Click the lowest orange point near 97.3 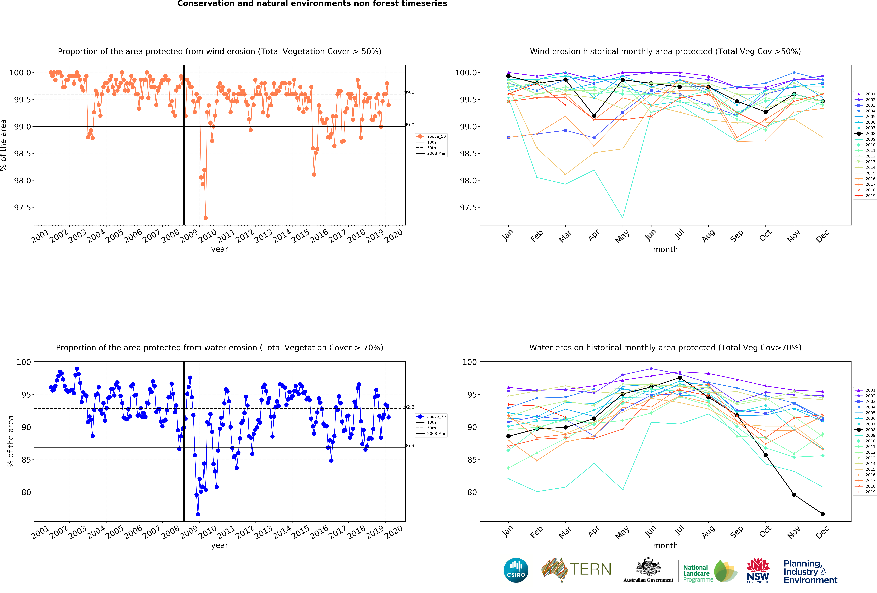tap(206, 218)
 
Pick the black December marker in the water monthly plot tap(823, 514)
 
